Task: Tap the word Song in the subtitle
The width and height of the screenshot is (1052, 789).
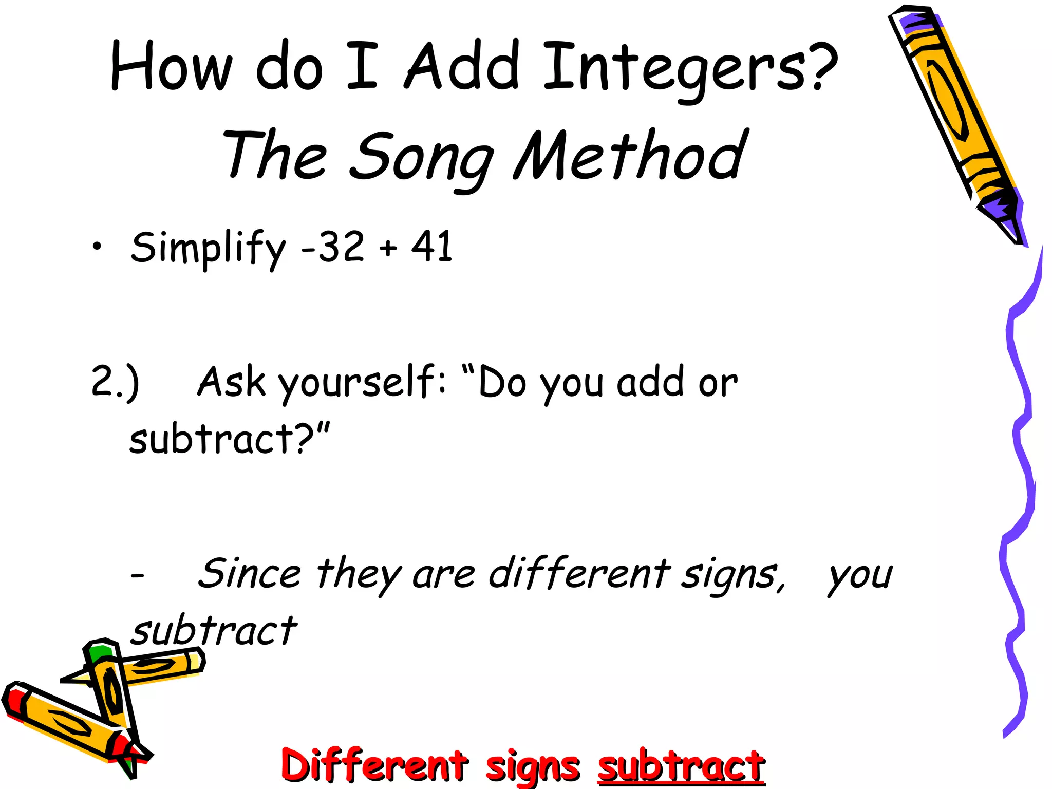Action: pyautogui.click(x=421, y=157)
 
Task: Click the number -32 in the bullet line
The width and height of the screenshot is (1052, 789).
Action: pyautogui.click(x=333, y=247)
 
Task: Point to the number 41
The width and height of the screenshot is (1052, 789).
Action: pyautogui.click(x=431, y=247)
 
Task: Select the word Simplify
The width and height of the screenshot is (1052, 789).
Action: pyautogui.click(x=208, y=248)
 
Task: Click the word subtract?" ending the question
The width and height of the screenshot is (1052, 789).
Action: pyautogui.click(x=229, y=439)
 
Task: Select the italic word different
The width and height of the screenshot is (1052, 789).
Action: pyautogui.click(x=579, y=574)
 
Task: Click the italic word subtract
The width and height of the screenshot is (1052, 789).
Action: pyautogui.click(x=214, y=631)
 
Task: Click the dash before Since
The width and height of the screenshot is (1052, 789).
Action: pyautogui.click(x=137, y=575)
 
